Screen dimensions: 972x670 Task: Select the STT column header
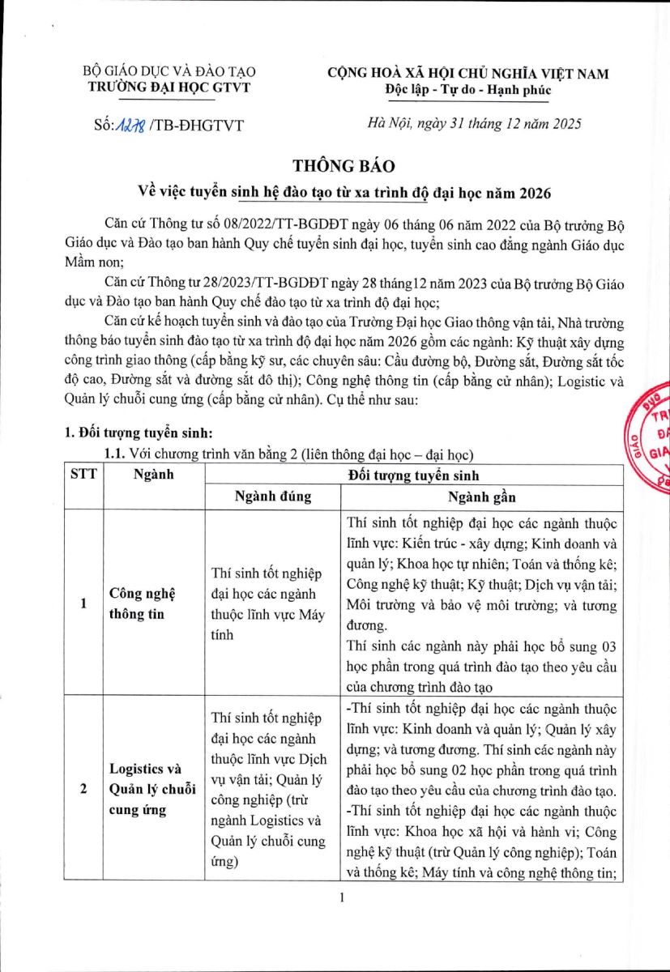click(x=83, y=474)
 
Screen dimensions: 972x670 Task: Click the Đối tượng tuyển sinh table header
click(x=413, y=474)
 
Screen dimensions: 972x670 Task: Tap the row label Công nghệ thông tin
click(x=138, y=603)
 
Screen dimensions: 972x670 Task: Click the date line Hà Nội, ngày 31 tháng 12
click(x=473, y=124)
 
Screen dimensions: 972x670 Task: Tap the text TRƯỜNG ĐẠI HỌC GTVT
click(x=169, y=88)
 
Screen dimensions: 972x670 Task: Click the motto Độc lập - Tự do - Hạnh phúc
click(x=468, y=89)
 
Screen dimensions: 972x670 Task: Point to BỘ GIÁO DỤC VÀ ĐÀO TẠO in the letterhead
click(x=169, y=73)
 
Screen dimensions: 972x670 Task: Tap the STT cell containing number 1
click(x=83, y=603)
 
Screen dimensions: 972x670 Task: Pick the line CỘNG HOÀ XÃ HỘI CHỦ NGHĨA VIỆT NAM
click(x=468, y=73)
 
